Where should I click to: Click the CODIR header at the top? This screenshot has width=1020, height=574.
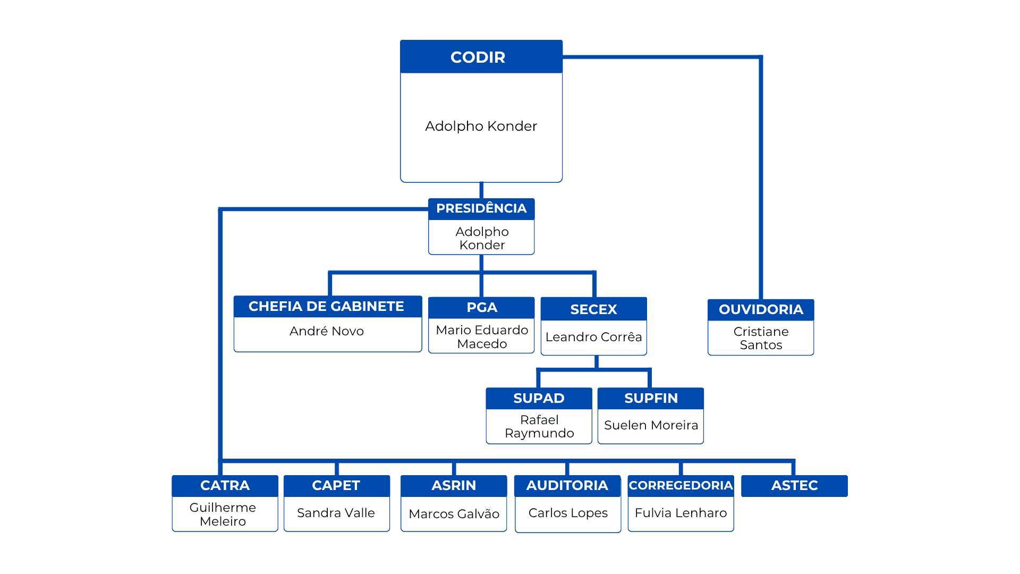[481, 57]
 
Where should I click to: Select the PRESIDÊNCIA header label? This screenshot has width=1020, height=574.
[481, 208]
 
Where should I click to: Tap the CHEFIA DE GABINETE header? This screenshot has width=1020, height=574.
[328, 307]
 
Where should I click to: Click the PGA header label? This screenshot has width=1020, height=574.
[481, 308]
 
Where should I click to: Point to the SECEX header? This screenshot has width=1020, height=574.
[594, 309]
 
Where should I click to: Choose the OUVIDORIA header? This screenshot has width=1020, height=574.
[761, 310]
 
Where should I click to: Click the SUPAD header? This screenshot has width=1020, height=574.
[539, 399]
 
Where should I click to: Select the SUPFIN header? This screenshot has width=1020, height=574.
[651, 399]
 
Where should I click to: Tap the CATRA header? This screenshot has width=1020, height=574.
[225, 486]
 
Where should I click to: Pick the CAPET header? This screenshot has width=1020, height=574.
[337, 486]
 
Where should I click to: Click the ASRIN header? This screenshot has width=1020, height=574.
[454, 486]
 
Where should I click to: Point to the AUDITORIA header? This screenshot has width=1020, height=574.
[567, 486]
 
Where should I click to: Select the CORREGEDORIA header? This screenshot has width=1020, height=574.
[681, 486]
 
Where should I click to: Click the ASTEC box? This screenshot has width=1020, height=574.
[794, 486]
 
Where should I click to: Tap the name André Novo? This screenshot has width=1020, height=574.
[327, 331]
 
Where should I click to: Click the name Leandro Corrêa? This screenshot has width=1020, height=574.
[594, 337]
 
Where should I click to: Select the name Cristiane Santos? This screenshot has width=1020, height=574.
[761, 338]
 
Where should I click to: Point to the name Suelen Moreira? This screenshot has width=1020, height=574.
[651, 425]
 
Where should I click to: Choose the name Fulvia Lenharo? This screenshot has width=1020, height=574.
[681, 513]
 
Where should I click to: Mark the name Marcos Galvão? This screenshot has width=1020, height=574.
[454, 514]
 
